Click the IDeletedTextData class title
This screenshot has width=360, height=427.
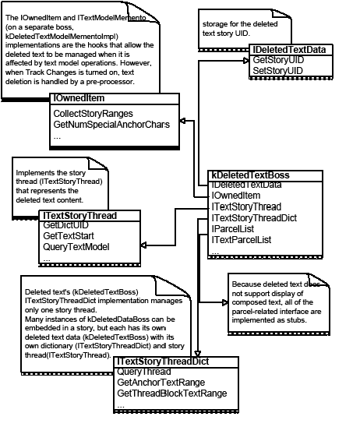click(x=289, y=50)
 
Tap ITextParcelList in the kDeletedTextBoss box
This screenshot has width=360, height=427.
click(x=242, y=240)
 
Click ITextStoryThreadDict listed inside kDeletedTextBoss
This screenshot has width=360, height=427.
click(x=254, y=218)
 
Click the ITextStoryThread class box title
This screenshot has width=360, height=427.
click(x=80, y=214)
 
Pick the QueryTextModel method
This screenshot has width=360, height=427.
click(x=76, y=247)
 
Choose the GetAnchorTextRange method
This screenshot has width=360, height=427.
click(x=161, y=383)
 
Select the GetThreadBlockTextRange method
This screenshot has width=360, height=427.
click(x=171, y=393)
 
